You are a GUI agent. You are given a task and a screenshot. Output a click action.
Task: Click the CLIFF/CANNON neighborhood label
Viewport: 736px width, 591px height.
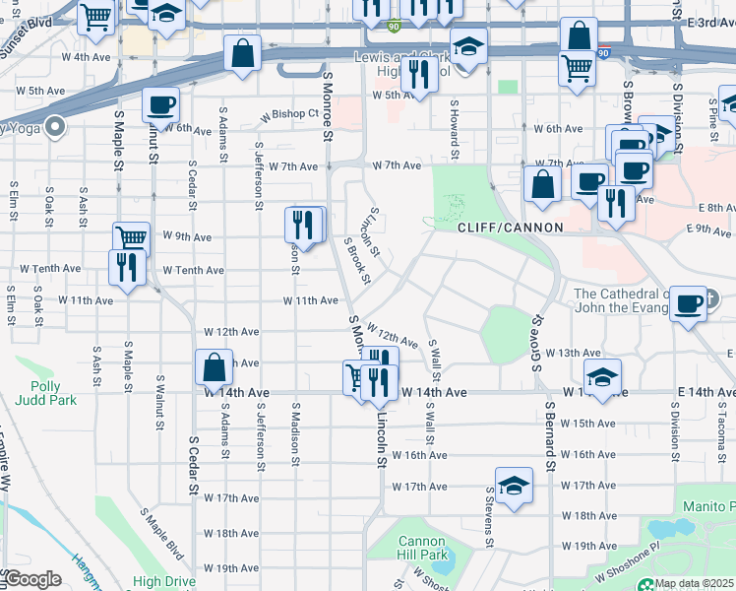pos(510,228)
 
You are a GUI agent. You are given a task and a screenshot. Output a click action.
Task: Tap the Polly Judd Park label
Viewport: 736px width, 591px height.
pos(39,393)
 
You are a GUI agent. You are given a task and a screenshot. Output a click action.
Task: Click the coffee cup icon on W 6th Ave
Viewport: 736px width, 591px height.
pos(159,104)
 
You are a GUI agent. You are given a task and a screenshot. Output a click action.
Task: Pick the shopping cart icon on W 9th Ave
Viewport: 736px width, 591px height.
pos(131,237)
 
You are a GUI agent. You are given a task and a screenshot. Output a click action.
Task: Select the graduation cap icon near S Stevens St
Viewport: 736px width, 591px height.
pos(514,487)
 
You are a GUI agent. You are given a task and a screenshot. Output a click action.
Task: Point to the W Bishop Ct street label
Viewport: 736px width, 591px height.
pos(290,115)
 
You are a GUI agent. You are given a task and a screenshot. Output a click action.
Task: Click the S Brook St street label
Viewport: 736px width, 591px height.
pos(356,260)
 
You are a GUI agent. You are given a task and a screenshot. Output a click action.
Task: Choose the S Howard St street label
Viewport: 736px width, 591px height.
pos(455,129)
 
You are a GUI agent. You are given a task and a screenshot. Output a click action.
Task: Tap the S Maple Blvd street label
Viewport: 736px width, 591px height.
pos(161,533)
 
